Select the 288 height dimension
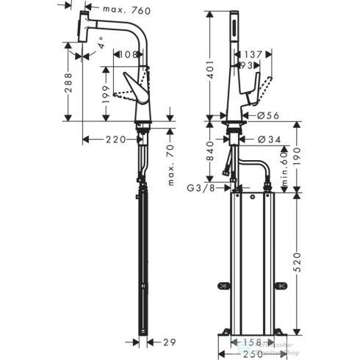(67, 81)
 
